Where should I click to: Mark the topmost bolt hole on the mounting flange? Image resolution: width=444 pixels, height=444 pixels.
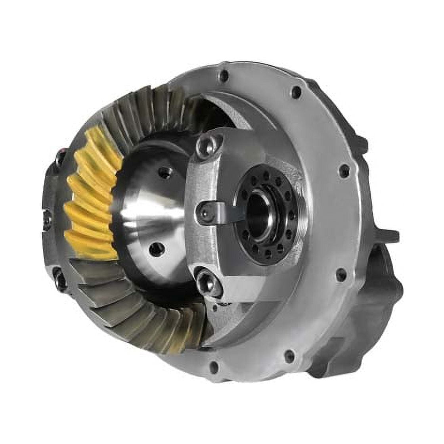(224, 75)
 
